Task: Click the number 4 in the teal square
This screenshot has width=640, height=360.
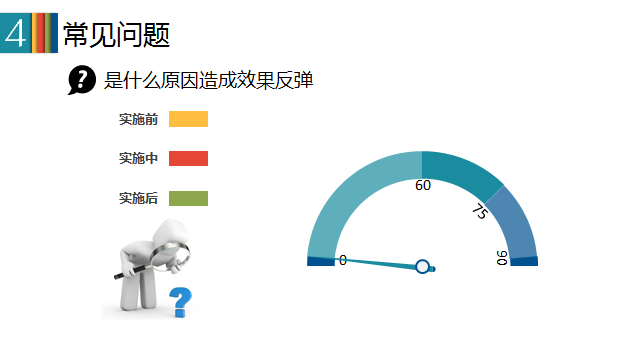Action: (15, 33)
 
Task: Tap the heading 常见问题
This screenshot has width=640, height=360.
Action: (116, 35)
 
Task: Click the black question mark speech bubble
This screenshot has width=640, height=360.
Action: (82, 80)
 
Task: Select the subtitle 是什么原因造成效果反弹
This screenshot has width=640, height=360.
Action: (208, 80)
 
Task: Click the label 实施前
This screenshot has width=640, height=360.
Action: (138, 119)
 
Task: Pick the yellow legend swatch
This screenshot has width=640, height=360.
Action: (189, 119)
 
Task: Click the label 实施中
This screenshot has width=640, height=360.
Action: (138, 158)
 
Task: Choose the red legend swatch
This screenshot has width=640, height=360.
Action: (189, 158)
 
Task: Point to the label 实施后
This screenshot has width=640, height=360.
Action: (138, 198)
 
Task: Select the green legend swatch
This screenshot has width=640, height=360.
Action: (189, 198)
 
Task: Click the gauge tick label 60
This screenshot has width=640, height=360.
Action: (423, 185)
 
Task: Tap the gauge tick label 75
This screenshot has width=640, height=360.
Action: (480, 211)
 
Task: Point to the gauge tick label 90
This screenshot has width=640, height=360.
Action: (502, 258)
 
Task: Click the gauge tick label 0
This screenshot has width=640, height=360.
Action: (343, 260)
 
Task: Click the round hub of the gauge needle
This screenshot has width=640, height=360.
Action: (422, 267)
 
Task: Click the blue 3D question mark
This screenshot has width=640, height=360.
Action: (180, 302)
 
